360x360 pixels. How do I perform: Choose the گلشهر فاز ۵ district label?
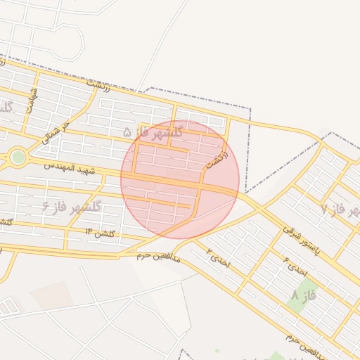click(153, 131)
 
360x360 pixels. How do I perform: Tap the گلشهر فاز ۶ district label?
click(72, 206)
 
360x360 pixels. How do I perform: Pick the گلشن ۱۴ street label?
click(100, 233)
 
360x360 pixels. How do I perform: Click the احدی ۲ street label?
click(218, 257)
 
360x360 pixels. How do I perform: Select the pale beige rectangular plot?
click(51, 296)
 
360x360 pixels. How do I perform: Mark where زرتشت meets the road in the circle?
click(202, 184)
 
